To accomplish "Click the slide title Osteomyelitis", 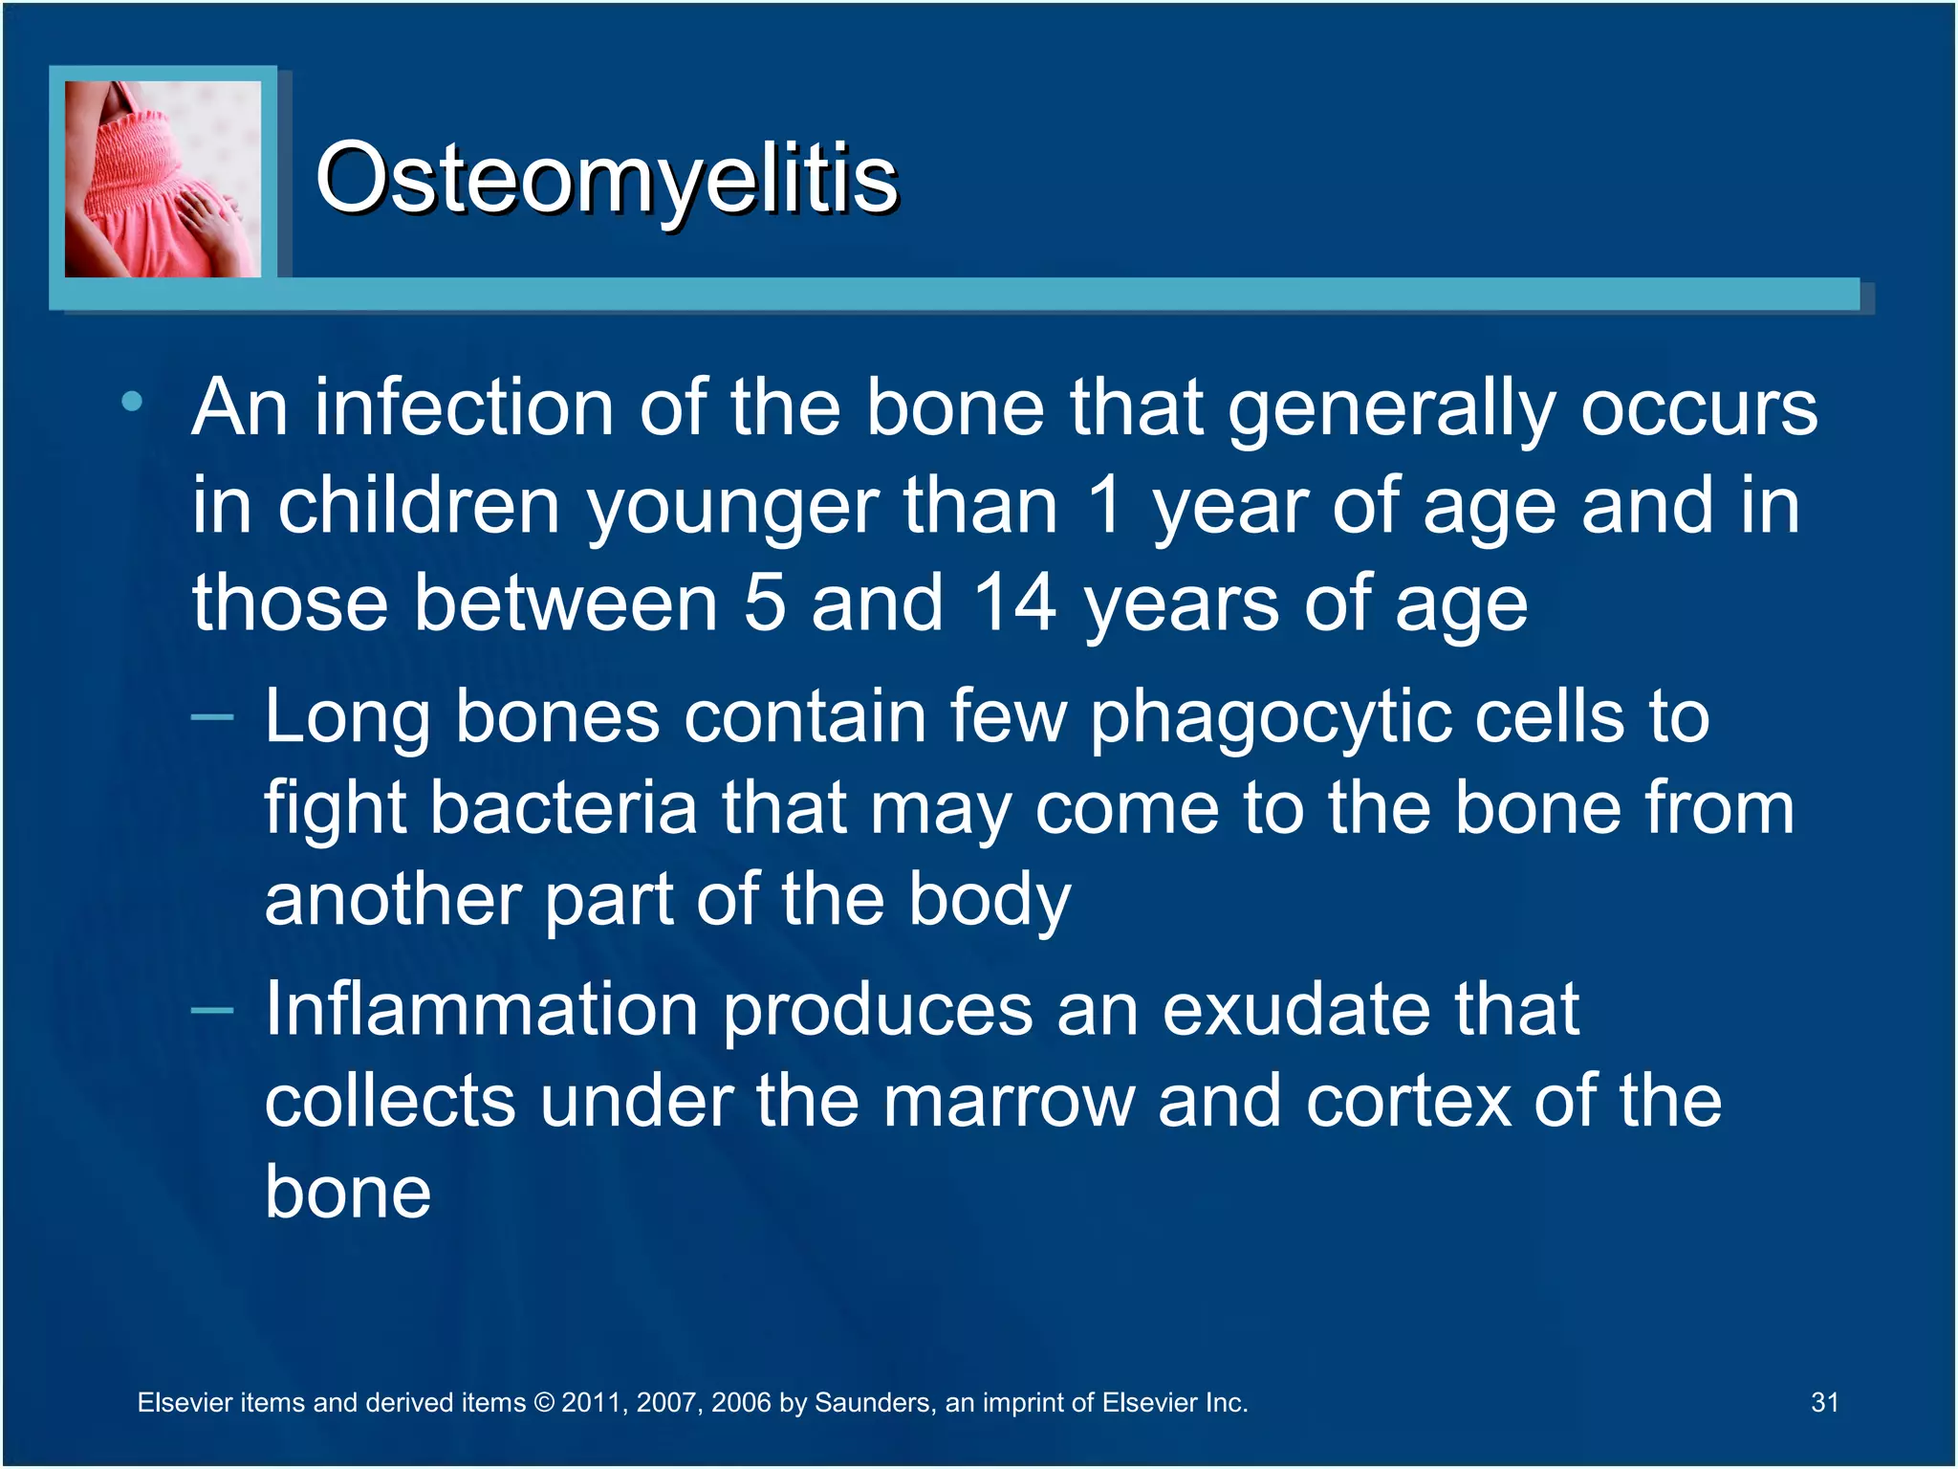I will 606,179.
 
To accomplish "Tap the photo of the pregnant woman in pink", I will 163,179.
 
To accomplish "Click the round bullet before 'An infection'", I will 133,402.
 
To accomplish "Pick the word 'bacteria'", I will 564,808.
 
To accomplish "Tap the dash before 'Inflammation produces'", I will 212,1010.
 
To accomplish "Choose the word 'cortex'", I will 1408,1102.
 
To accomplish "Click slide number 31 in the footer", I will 1824,1402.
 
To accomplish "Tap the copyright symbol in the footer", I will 544,1403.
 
